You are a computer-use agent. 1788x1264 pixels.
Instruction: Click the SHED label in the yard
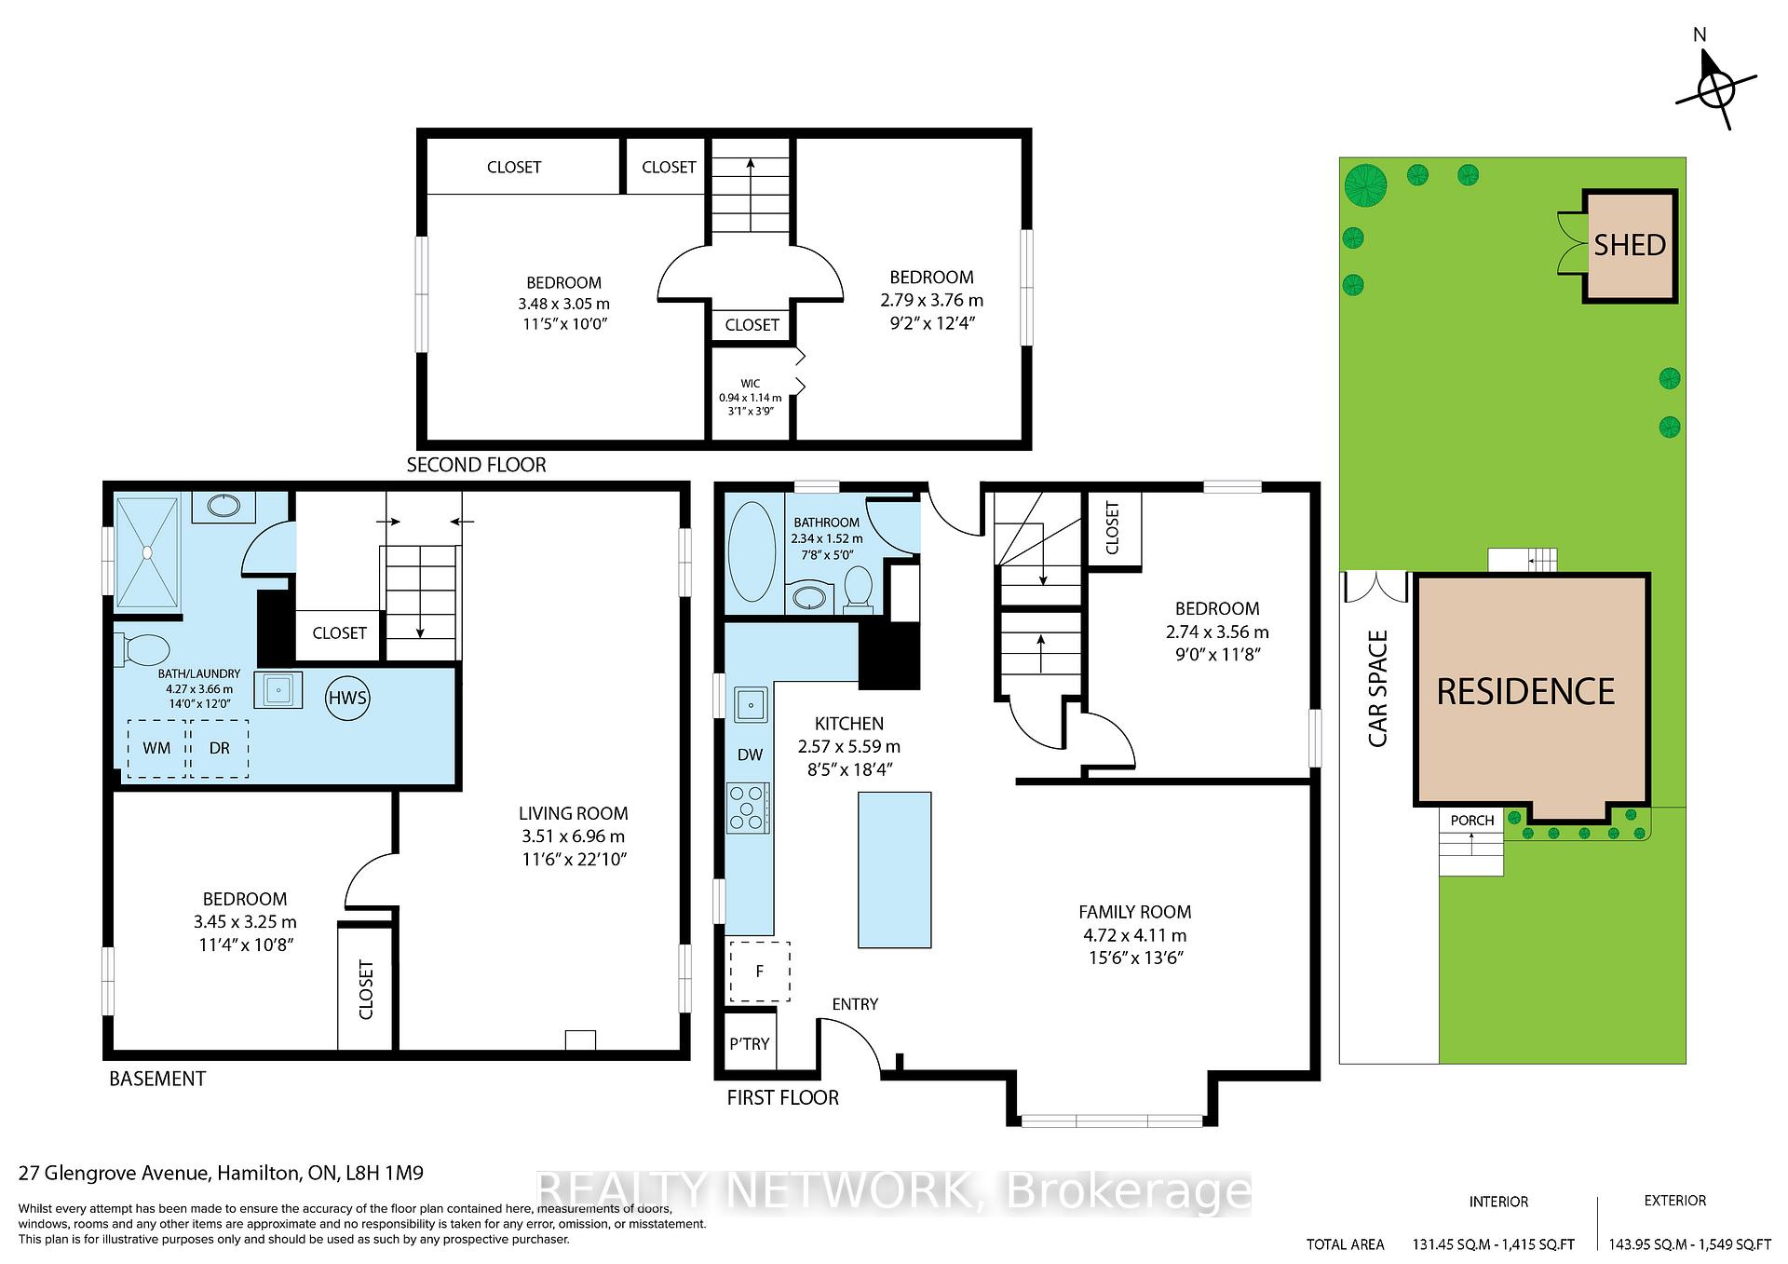(x=1630, y=245)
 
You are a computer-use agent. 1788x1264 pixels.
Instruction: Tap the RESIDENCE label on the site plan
(x=1525, y=691)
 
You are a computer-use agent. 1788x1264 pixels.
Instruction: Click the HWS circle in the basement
(x=347, y=698)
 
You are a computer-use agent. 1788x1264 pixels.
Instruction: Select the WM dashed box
(x=156, y=748)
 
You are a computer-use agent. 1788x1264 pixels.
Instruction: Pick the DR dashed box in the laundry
(x=219, y=748)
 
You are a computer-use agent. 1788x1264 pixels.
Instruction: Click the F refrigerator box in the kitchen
(x=759, y=972)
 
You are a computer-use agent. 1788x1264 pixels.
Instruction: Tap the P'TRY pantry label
(x=750, y=1043)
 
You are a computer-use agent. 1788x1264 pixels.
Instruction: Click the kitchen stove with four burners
(x=749, y=808)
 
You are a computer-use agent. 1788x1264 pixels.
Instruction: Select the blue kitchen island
(x=894, y=870)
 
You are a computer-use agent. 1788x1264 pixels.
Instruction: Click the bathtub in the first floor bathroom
(x=751, y=552)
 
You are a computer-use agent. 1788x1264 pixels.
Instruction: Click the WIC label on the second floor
(x=751, y=384)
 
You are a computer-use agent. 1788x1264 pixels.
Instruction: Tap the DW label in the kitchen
(x=750, y=755)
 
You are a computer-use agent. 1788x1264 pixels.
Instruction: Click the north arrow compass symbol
(x=1715, y=90)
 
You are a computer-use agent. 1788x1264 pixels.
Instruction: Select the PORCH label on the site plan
(x=1472, y=821)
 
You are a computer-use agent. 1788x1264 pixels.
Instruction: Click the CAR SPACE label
(x=1378, y=688)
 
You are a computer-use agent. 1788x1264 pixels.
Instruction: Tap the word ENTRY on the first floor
(x=855, y=1004)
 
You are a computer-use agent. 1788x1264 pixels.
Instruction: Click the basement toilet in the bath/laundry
(x=141, y=649)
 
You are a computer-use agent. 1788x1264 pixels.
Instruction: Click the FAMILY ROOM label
(x=1134, y=913)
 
